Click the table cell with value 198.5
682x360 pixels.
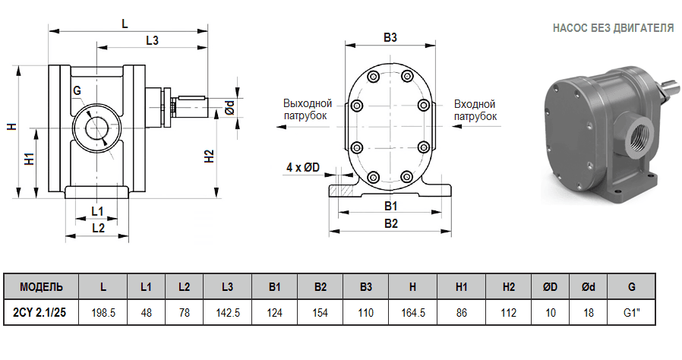click(103, 312)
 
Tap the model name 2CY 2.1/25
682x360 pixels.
click(41, 312)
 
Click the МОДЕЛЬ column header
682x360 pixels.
click(41, 287)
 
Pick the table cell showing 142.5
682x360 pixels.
click(227, 312)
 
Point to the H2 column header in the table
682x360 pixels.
click(508, 287)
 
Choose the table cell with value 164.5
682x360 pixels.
click(412, 312)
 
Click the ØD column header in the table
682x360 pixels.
click(551, 287)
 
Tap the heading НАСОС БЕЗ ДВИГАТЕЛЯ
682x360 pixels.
click(613, 28)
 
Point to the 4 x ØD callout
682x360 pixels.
click(302, 166)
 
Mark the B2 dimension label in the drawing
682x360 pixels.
click(390, 223)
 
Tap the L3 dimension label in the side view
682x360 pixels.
click(152, 40)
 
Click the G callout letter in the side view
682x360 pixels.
click(77, 91)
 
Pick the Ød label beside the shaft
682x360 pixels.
click(229, 108)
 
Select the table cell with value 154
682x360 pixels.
click(320, 312)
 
